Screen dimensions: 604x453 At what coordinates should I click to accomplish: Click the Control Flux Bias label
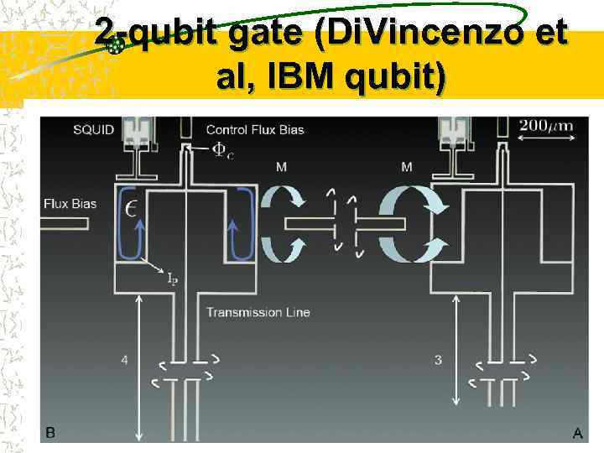point(254,129)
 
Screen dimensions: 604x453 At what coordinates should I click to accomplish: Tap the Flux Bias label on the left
point(70,203)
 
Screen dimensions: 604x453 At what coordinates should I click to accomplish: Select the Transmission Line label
point(258,312)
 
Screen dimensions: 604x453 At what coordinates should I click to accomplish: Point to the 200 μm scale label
point(545,126)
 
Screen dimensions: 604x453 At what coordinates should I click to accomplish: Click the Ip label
point(171,278)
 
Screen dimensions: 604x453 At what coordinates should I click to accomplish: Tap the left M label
point(281,167)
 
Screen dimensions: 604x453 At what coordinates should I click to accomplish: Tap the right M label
point(407,167)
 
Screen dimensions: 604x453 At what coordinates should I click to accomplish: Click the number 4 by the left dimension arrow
point(124,361)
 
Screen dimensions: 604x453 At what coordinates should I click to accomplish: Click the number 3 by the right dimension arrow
point(438,361)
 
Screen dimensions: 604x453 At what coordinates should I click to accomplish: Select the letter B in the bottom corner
point(51,432)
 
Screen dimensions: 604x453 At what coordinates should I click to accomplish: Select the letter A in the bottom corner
point(577,433)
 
